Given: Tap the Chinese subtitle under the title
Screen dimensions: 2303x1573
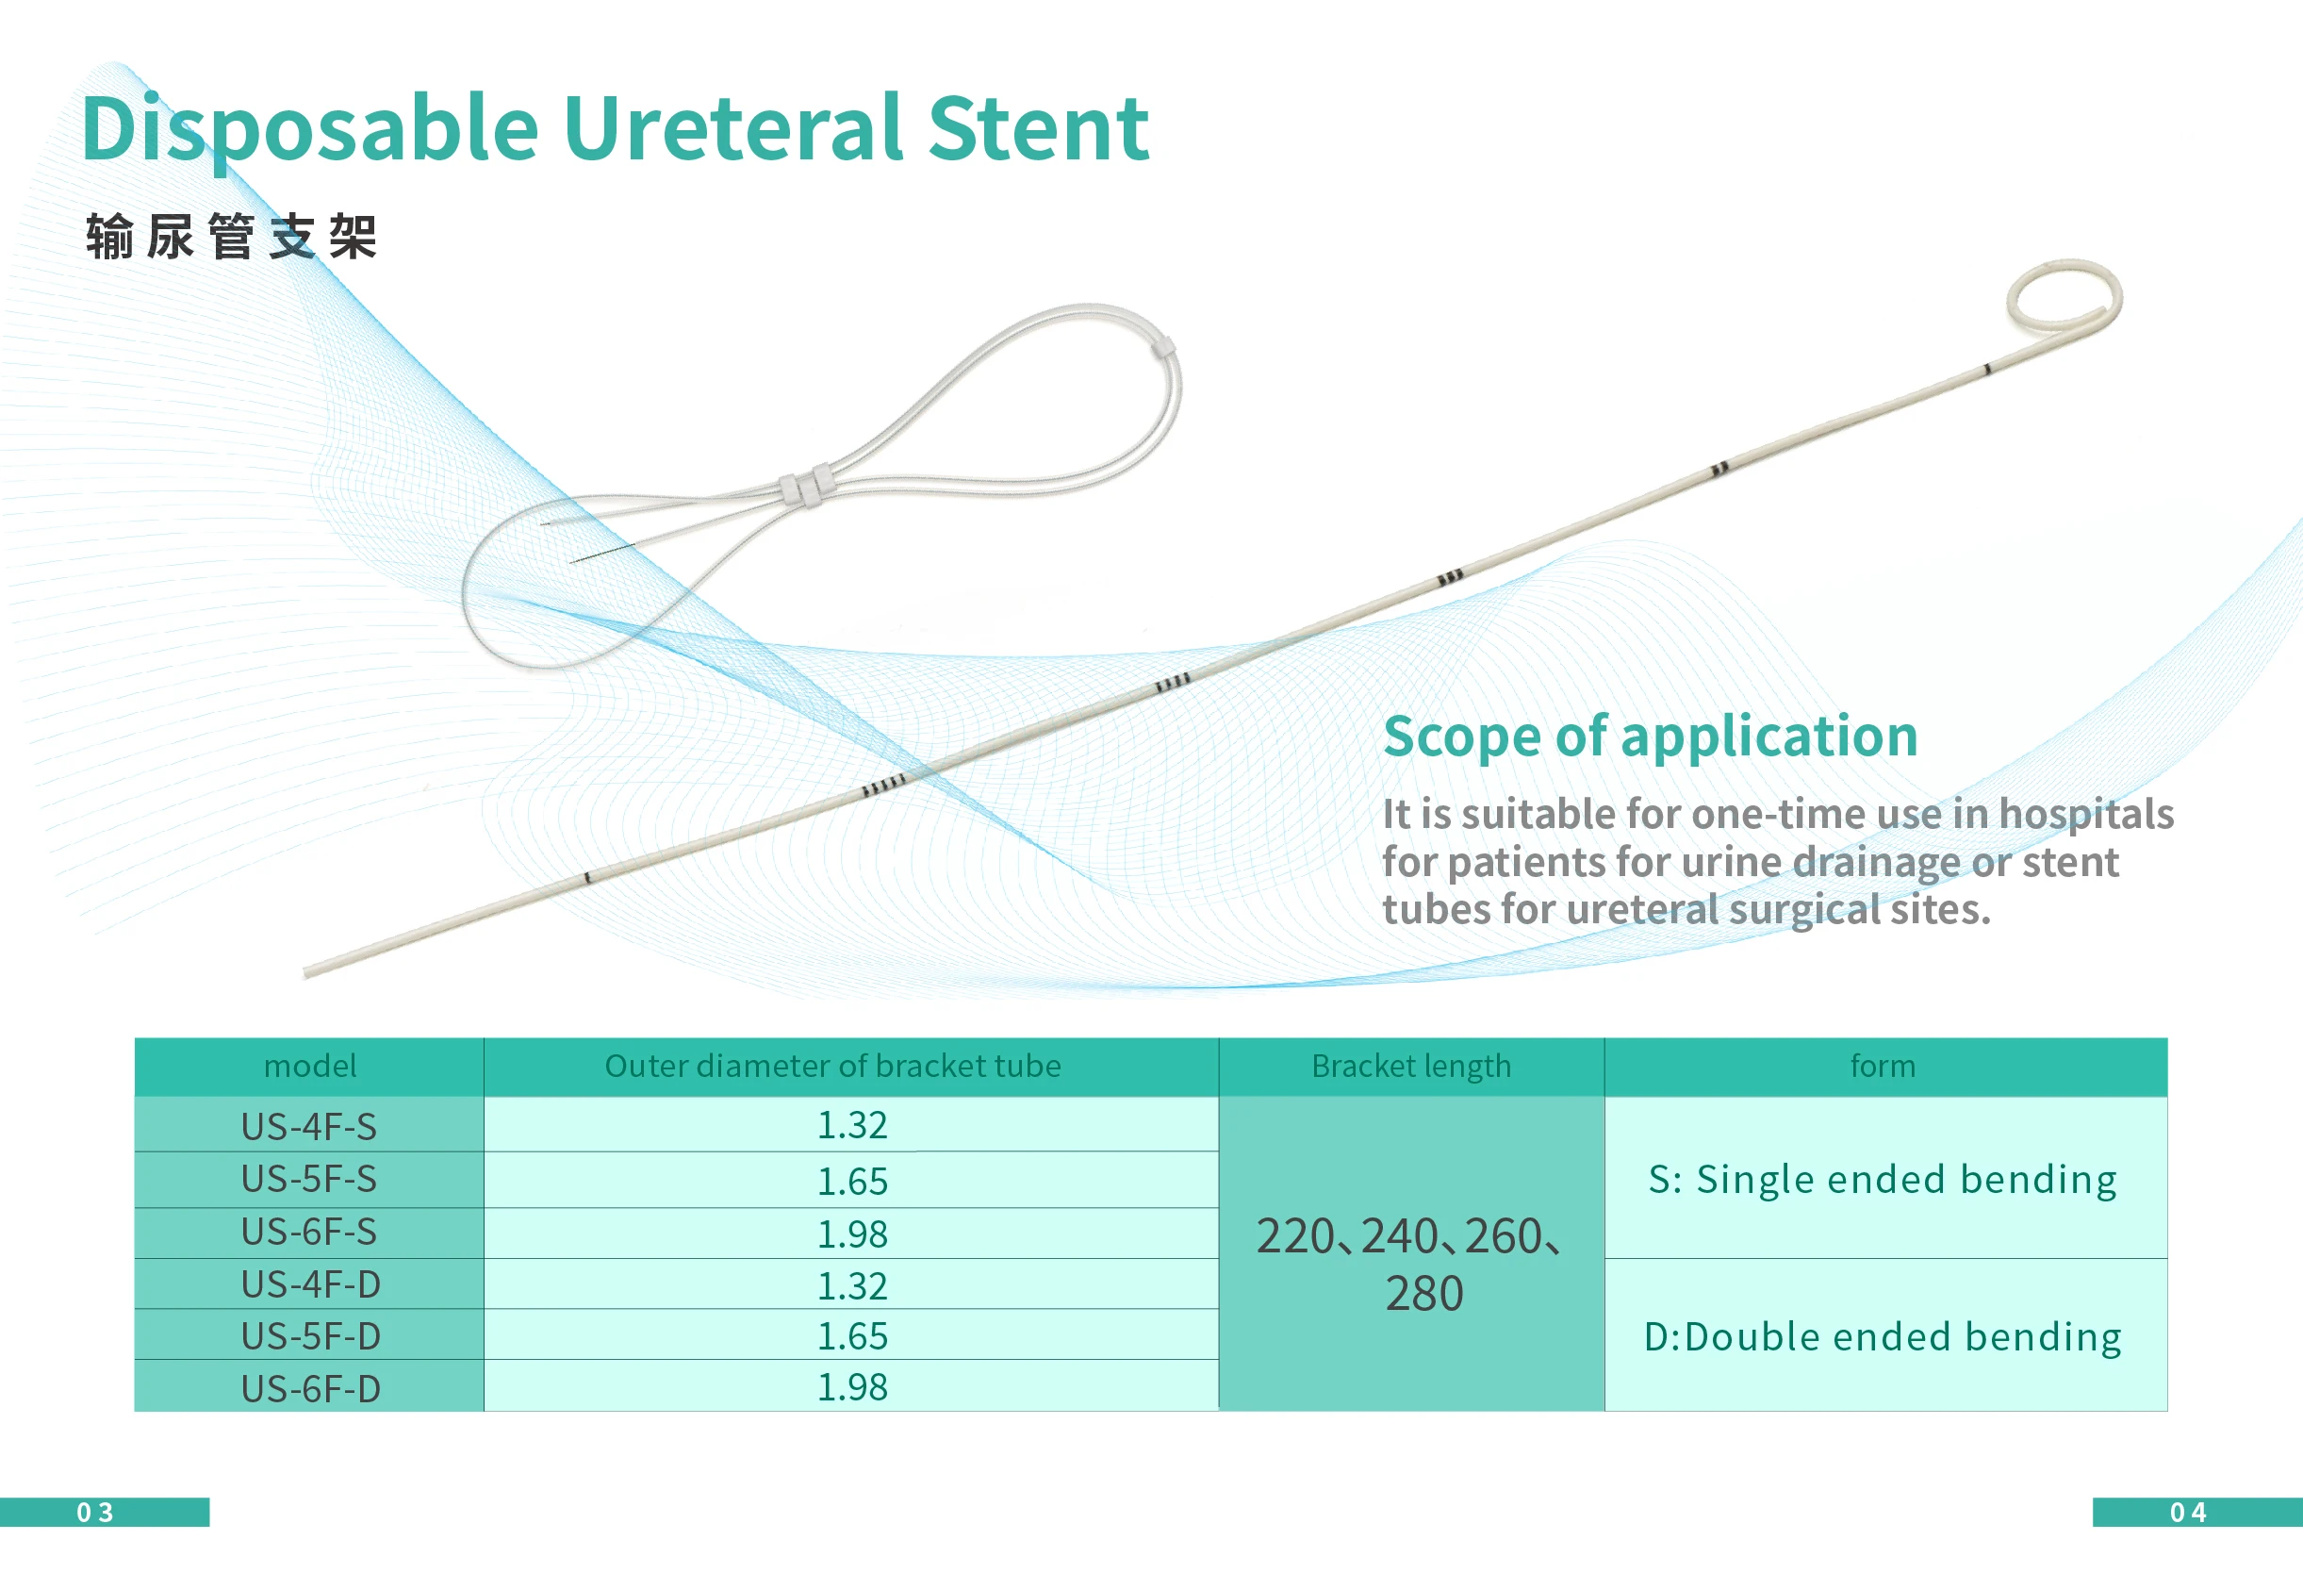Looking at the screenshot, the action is pos(231,236).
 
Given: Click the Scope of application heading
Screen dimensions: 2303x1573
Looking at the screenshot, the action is pos(1650,736).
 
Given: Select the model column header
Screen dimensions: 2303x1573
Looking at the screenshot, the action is pos(310,1066).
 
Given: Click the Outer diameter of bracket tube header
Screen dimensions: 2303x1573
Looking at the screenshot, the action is pos(832,1066).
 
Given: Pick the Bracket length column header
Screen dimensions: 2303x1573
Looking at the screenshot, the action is pos(1411,1067).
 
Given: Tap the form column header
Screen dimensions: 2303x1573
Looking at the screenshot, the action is pos(1883,1066).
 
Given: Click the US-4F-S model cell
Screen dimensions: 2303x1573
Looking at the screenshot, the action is pos(309,1127).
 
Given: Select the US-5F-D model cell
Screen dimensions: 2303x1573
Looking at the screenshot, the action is pos(311,1336).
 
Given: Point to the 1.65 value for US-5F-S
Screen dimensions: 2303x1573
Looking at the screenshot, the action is pos(852,1182).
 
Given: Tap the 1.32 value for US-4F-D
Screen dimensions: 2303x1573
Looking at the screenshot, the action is pos(852,1285).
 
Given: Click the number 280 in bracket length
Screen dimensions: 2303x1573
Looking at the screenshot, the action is pos(1424,1294).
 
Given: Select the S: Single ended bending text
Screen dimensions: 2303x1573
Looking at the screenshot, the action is pos(1883,1180).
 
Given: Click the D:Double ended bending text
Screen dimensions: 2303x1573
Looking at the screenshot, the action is pos(1883,1337).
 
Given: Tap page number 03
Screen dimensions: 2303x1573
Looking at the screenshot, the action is pos(95,1513).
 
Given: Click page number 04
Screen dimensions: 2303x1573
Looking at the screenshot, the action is pos(2188,1513).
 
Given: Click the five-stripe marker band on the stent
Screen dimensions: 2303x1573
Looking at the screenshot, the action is pos(883,785).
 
